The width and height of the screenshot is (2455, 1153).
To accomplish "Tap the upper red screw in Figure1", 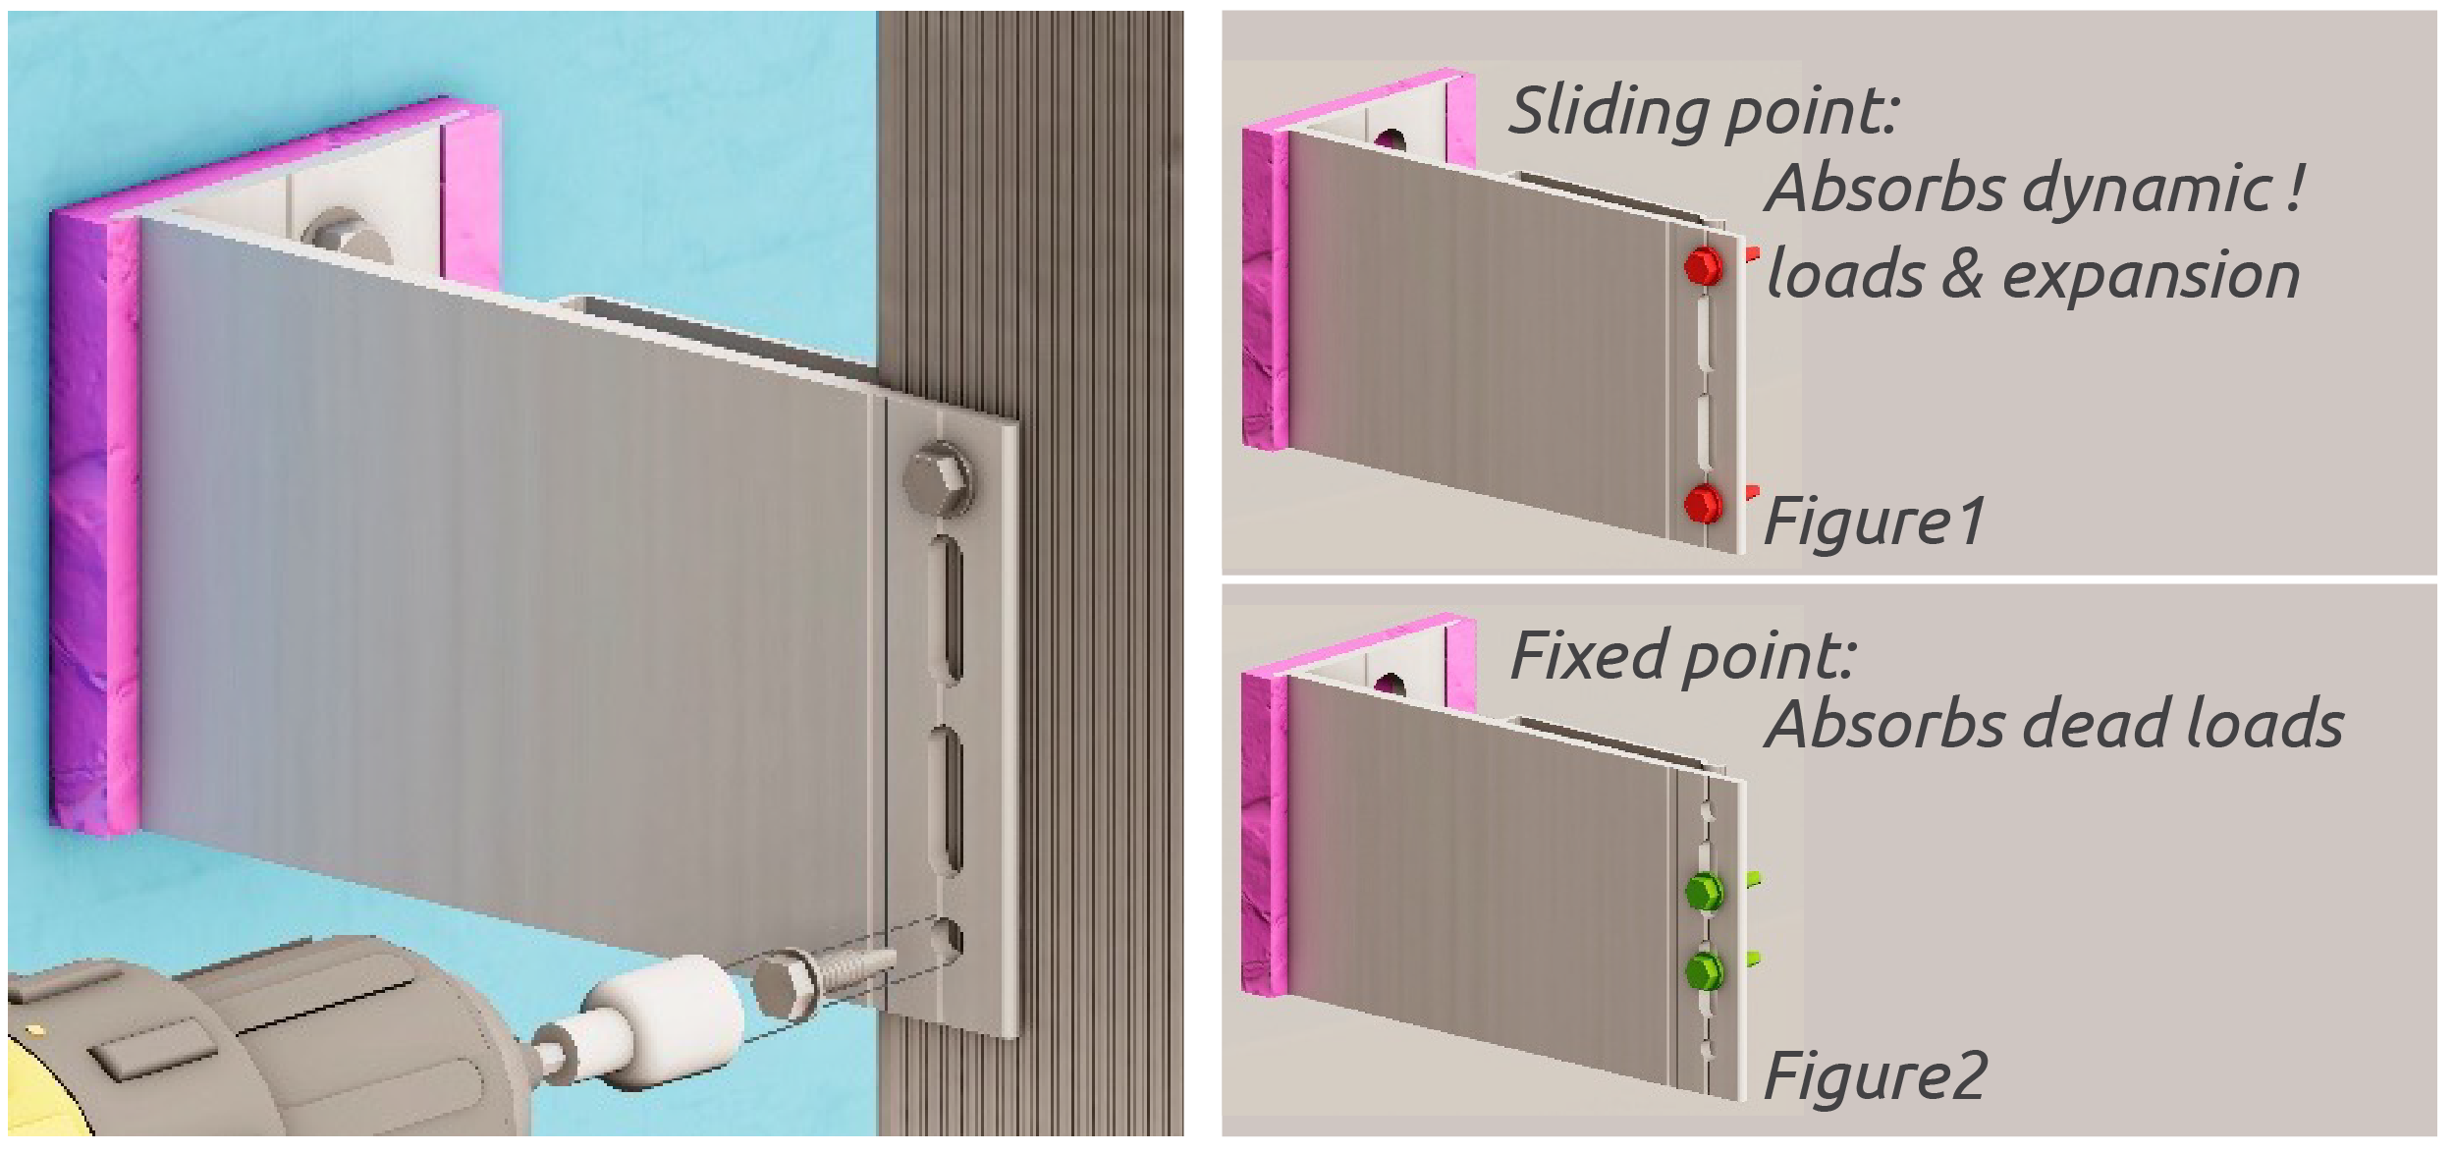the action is point(1704,265).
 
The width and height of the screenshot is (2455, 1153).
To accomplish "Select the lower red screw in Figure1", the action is point(1704,504).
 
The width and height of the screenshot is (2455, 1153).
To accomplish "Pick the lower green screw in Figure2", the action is point(1704,970).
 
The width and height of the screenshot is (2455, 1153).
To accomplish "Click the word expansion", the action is point(2151,276).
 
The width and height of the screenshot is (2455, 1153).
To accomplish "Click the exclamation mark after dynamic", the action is point(2292,186).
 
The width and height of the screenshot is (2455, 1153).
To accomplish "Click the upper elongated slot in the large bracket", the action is point(946,608).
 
